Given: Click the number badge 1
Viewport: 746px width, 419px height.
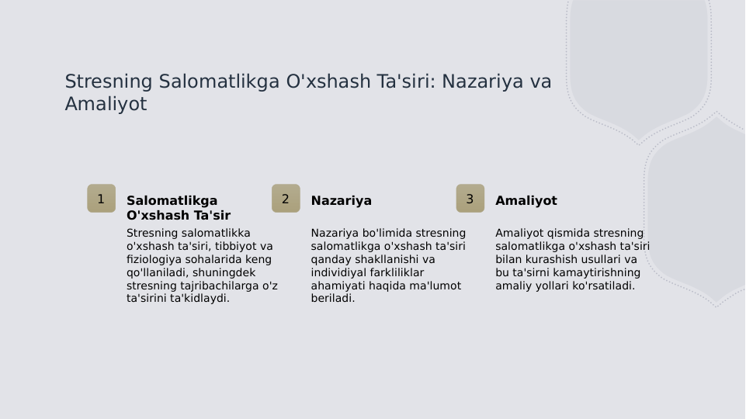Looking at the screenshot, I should pyautogui.click(x=101, y=199).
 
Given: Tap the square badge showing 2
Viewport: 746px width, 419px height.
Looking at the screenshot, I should pyautogui.click(x=286, y=199).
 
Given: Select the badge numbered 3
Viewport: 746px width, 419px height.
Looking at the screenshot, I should pyautogui.click(x=470, y=199).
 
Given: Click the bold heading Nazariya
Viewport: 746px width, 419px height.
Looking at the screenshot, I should pyautogui.click(x=341, y=201).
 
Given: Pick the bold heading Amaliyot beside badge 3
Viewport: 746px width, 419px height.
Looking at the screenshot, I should pyautogui.click(x=526, y=201).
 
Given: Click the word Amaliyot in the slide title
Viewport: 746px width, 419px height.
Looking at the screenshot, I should pyautogui.click(x=106, y=104).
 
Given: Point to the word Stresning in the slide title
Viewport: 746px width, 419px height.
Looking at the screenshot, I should pyautogui.click(x=108, y=81).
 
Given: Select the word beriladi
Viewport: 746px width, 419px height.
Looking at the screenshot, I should pyautogui.click(x=332, y=298).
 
